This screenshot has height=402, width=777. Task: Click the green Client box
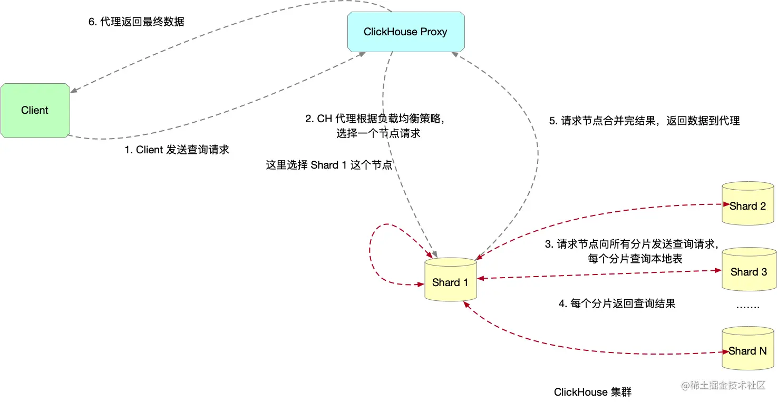click(x=35, y=110)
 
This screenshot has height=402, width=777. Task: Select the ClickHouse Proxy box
click(x=405, y=32)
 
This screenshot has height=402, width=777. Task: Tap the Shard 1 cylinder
click(x=450, y=280)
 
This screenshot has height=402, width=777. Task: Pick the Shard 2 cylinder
click(x=748, y=204)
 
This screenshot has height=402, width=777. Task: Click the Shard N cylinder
click(x=748, y=349)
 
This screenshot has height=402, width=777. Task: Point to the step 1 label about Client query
click(x=177, y=150)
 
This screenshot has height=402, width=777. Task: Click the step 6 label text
click(x=135, y=22)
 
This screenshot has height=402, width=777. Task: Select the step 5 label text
click(x=644, y=121)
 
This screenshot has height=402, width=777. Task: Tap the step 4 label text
click(x=617, y=303)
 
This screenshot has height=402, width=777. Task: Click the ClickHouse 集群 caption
click(x=593, y=392)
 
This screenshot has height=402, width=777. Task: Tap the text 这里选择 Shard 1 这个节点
click(x=329, y=165)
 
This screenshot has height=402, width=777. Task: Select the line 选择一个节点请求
click(x=378, y=133)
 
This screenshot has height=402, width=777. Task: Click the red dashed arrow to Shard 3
click(x=598, y=274)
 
